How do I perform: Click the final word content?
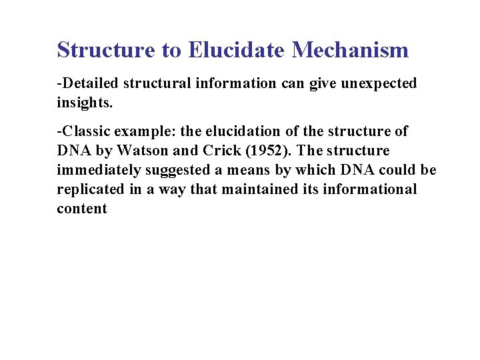[x=81, y=209]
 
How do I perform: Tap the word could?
[x=399, y=170]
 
